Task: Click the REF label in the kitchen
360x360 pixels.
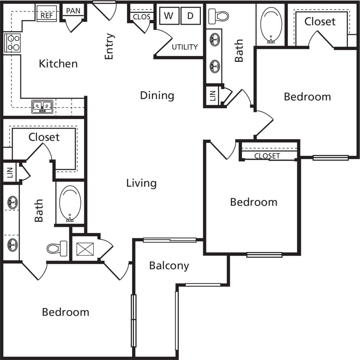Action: click(x=46, y=15)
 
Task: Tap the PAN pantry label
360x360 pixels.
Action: click(x=73, y=11)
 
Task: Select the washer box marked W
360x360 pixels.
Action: click(x=169, y=16)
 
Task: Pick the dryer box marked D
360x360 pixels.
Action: click(x=190, y=16)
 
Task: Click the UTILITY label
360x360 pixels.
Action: click(x=185, y=47)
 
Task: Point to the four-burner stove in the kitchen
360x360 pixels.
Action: click(x=12, y=43)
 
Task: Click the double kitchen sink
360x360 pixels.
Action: click(x=42, y=107)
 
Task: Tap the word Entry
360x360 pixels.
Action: click(x=109, y=46)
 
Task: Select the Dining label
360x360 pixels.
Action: click(x=157, y=95)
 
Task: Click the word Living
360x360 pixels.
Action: click(x=141, y=183)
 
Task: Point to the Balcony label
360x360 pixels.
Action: click(x=169, y=265)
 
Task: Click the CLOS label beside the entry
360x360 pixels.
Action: click(x=141, y=17)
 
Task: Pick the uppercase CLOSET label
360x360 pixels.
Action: click(x=267, y=156)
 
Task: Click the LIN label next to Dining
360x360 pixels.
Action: click(x=213, y=96)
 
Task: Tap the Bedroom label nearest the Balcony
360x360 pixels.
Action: click(x=66, y=312)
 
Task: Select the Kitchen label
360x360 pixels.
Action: click(x=58, y=64)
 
